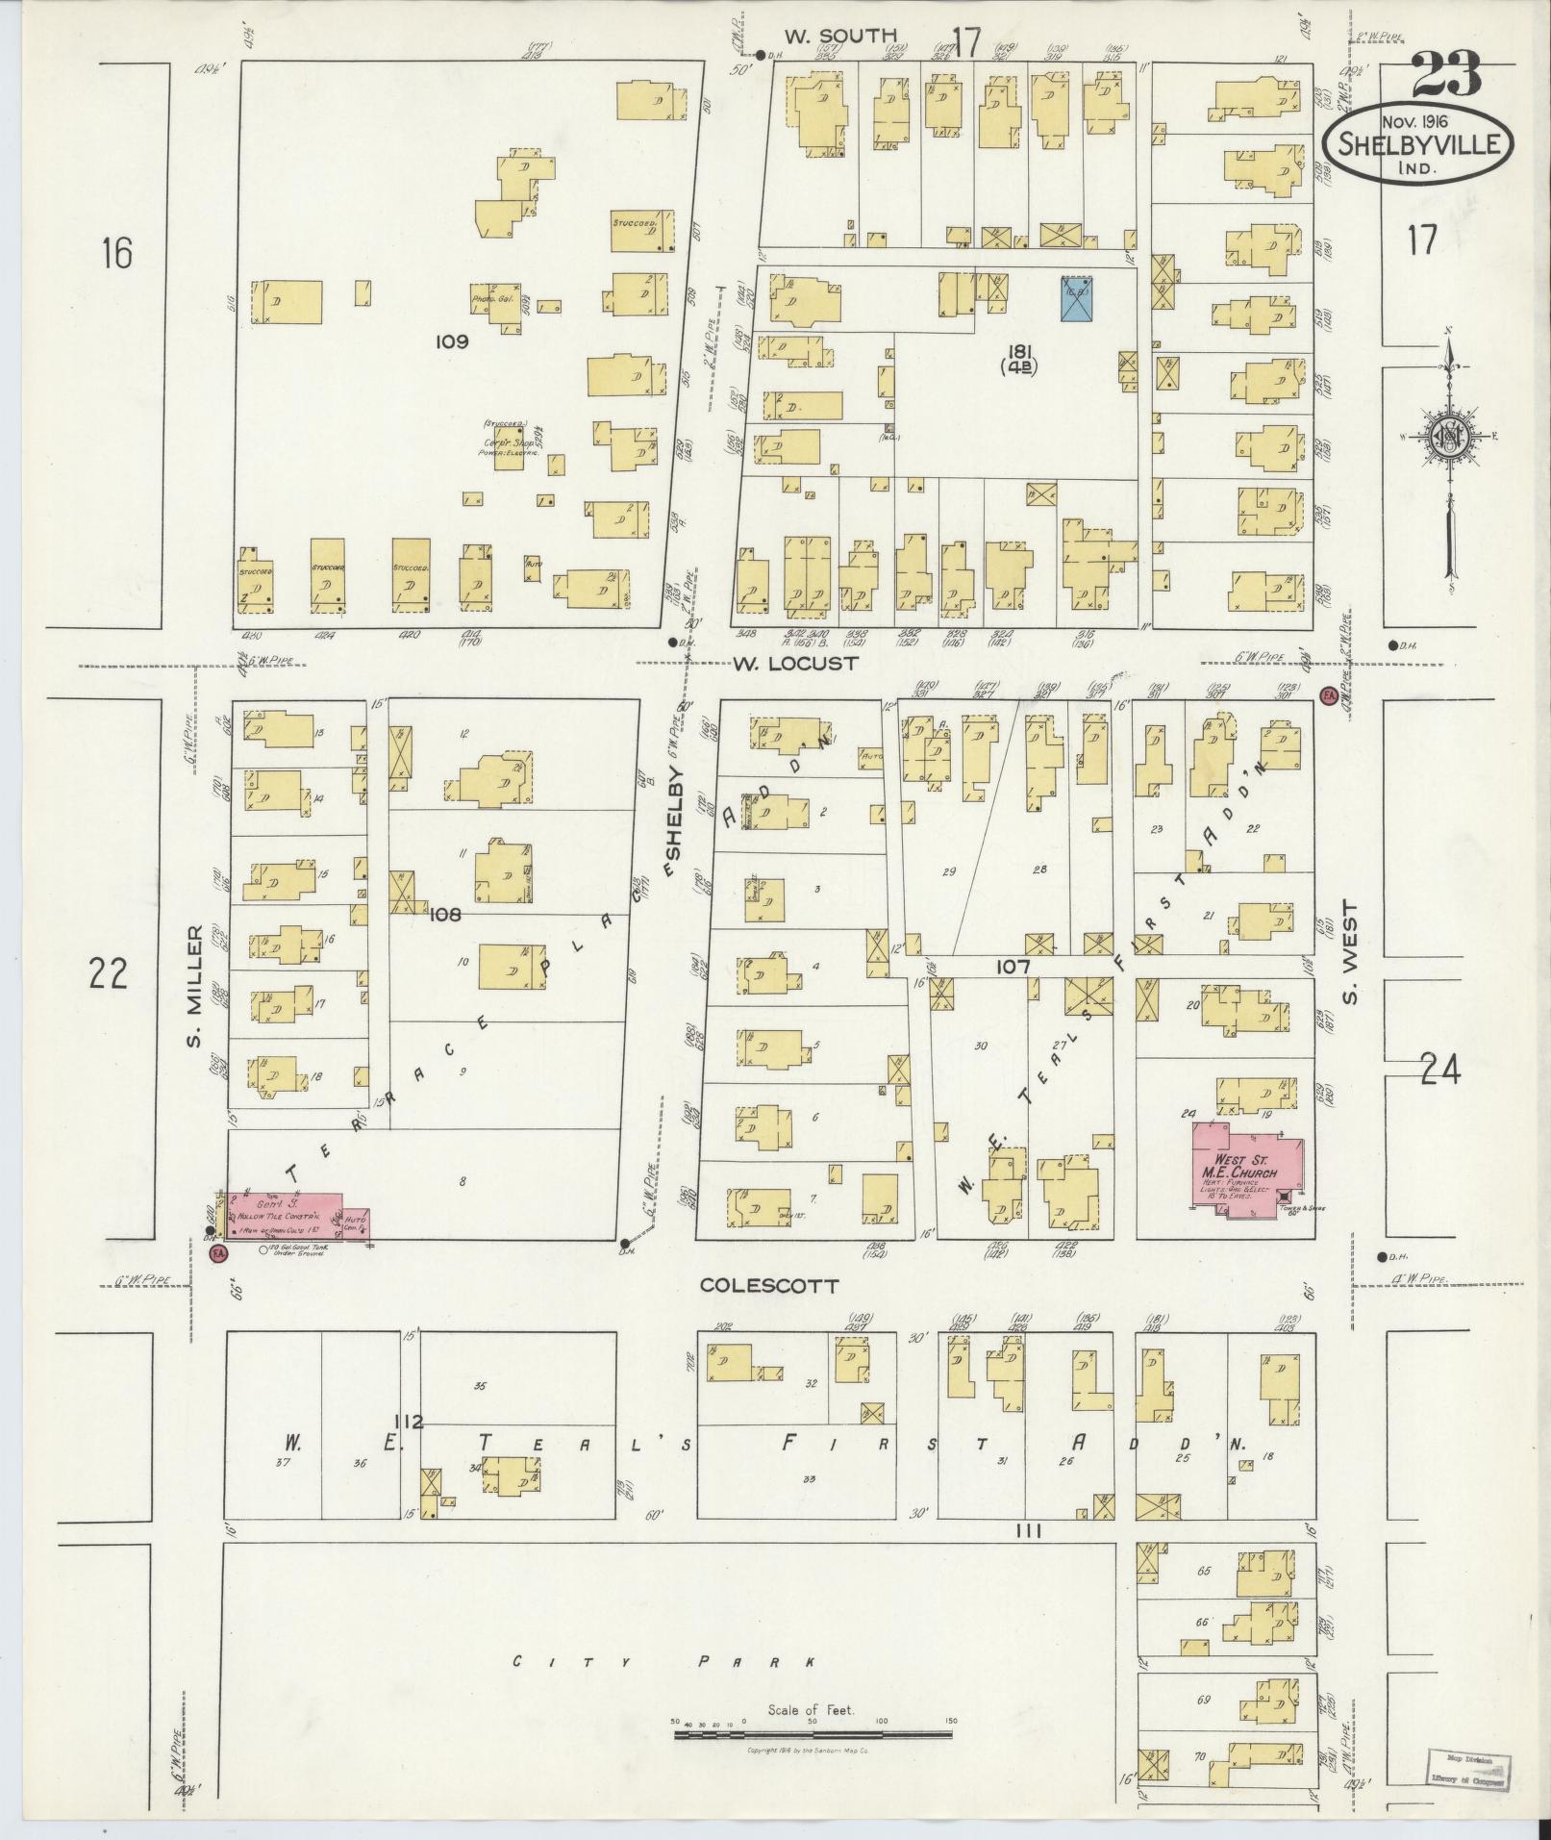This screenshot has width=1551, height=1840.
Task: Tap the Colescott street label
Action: coord(769,1285)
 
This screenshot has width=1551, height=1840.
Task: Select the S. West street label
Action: coord(1351,950)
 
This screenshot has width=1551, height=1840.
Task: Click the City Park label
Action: coord(663,1661)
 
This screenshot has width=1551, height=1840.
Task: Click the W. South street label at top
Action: coord(839,37)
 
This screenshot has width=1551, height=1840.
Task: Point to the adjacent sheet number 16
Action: coord(116,254)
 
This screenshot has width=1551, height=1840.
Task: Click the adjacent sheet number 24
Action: coord(1438,1070)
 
